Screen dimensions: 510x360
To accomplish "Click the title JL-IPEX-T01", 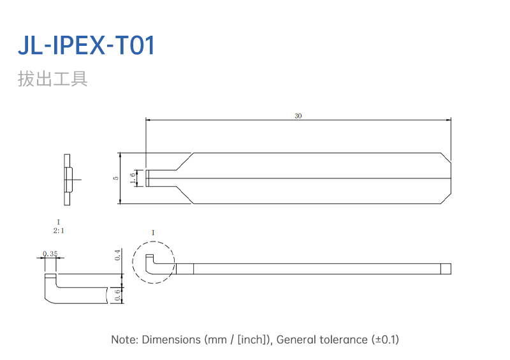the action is (86, 45).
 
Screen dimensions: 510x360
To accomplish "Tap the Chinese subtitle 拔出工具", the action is (53, 79).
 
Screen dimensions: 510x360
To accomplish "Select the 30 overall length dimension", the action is (298, 116).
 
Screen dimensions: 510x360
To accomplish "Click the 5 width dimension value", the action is (116, 178).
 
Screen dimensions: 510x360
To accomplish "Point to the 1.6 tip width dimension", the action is (133, 178).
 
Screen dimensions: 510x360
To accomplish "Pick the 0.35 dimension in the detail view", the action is (50, 254).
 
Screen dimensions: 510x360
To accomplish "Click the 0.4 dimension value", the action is (118, 255).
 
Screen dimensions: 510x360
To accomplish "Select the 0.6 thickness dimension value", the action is (118, 295).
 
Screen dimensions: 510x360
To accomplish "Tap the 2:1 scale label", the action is (59, 231).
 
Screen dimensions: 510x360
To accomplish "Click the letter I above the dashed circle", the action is (153, 233).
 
